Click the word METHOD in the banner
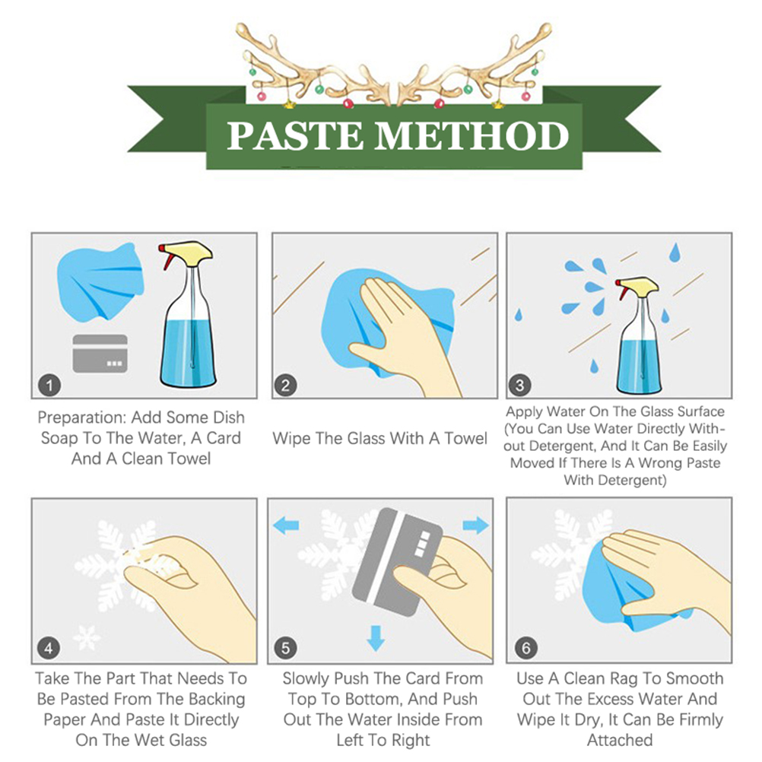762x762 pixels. [471, 135]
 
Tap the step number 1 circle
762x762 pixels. [49, 386]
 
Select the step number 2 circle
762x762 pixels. [285, 386]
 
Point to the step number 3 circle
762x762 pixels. [519, 386]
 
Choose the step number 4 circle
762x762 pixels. [49, 648]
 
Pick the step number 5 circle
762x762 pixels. [285, 648]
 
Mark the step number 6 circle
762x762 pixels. [526, 648]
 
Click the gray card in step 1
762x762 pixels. [100, 354]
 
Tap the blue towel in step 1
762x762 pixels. [100, 282]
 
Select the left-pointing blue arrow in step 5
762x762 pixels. [286, 525]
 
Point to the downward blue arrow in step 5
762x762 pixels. [376, 638]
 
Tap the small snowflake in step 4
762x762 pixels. [87, 637]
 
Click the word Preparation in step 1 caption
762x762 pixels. [82, 418]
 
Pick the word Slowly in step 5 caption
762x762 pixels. [306, 679]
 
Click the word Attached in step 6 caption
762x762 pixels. [620, 740]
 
